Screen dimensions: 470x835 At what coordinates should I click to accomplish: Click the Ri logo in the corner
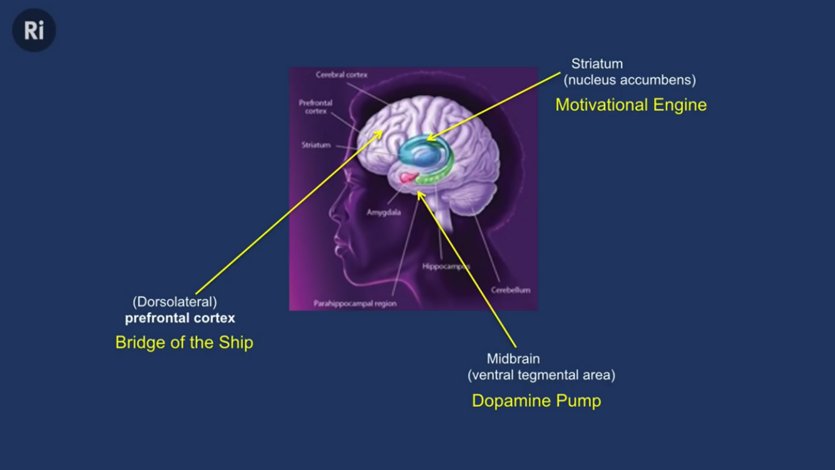click(x=34, y=30)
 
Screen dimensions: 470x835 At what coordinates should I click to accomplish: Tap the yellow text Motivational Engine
click(x=630, y=105)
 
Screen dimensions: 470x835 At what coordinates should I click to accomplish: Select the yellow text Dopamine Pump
click(x=536, y=401)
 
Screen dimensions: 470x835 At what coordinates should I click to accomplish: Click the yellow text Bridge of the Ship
click(x=184, y=343)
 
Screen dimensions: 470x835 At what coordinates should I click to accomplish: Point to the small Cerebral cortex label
click(x=341, y=75)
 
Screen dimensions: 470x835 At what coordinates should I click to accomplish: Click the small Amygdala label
click(x=384, y=212)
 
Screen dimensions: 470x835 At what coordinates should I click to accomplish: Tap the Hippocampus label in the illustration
click(x=446, y=266)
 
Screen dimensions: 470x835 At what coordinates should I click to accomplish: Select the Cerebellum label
click(x=510, y=290)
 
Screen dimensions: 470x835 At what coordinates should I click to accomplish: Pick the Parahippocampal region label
click(x=355, y=304)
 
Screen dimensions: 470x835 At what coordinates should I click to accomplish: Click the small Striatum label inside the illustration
click(x=315, y=145)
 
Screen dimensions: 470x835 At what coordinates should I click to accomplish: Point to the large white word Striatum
click(x=597, y=64)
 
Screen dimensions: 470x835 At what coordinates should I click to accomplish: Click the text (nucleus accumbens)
click(x=630, y=80)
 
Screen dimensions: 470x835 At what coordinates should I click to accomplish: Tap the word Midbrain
click(x=513, y=359)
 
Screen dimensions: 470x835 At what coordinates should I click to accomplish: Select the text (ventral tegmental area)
click(x=541, y=375)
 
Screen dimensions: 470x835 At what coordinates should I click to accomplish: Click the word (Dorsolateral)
click(x=175, y=302)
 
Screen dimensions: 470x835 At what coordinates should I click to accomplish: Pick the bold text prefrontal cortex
click(x=180, y=318)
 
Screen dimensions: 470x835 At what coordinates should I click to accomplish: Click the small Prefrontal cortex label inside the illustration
click(x=315, y=107)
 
